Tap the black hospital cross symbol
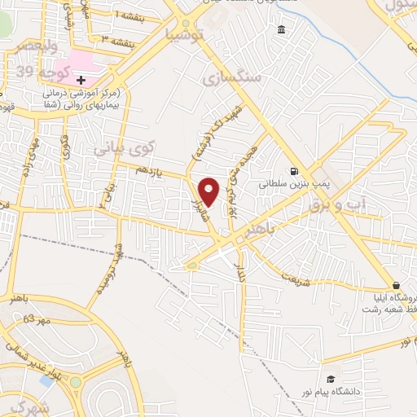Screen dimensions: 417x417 [x=81, y=79]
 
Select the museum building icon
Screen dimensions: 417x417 [x=281, y=30]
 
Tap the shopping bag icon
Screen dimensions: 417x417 [x=397, y=285]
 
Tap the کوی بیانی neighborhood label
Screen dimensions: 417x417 [x=122, y=149]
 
